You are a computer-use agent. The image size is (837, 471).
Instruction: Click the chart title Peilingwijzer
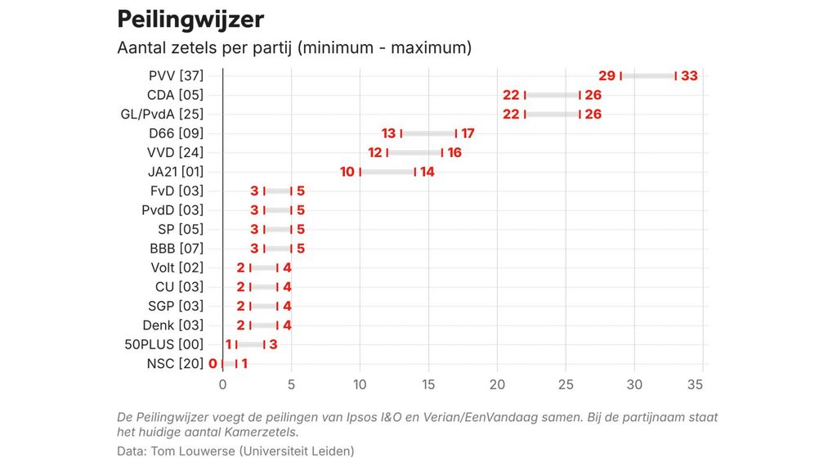190,19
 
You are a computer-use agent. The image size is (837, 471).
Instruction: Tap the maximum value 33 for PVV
689,76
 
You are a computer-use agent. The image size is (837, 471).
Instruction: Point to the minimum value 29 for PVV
607,76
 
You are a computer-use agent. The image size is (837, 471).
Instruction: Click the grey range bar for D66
428,133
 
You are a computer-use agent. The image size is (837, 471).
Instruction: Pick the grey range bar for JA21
387,172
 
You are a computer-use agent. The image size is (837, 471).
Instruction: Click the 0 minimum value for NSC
213,364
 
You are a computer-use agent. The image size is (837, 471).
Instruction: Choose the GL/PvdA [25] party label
162,114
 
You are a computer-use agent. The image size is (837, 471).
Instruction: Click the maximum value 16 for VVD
455,153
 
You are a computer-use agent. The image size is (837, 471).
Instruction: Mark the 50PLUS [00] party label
164,344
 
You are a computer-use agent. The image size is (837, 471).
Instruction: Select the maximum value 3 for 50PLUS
274,344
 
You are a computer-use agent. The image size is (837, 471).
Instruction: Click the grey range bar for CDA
552,95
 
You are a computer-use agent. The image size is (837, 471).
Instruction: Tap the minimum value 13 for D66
388,133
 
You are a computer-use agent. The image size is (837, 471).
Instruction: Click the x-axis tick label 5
291,384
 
